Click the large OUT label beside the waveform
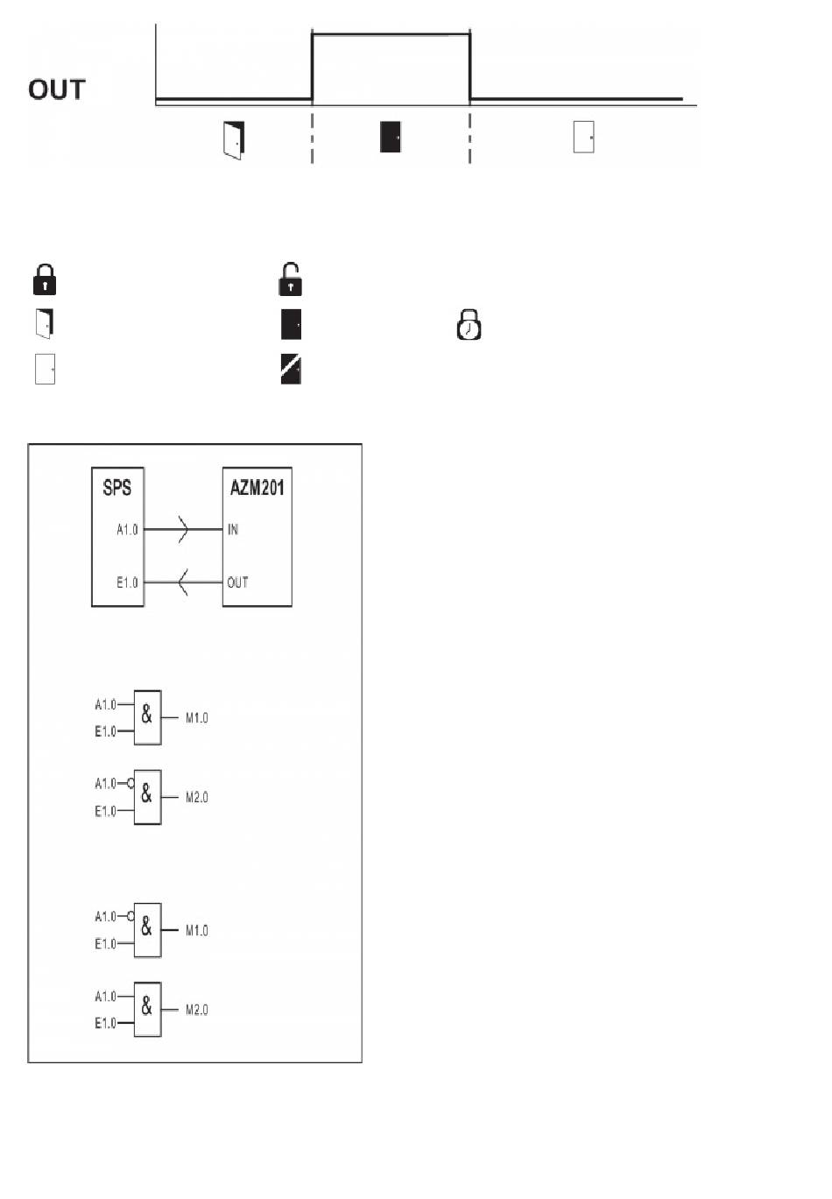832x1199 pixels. coord(57,89)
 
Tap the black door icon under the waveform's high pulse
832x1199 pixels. coord(391,138)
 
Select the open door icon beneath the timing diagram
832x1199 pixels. coord(234,139)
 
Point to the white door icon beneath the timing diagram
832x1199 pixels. coord(584,138)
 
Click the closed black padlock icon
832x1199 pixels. coord(45,279)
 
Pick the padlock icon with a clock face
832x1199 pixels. coord(469,324)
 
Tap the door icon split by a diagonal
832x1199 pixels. coord(291,370)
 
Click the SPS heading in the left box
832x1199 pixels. coord(117,488)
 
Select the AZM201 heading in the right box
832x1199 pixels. coord(257,488)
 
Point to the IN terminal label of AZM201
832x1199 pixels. coord(233,529)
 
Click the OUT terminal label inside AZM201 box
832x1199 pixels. coord(237,582)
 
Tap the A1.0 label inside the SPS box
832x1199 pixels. coord(127,529)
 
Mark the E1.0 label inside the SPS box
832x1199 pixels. coord(127,582)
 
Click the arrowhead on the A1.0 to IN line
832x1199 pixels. coord(183,529)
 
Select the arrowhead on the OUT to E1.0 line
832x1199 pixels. coord(183,582)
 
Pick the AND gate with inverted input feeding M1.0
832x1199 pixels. coord(147,930)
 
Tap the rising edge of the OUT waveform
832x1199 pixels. coord(313,67)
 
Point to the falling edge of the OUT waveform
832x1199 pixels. coord(469,67)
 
